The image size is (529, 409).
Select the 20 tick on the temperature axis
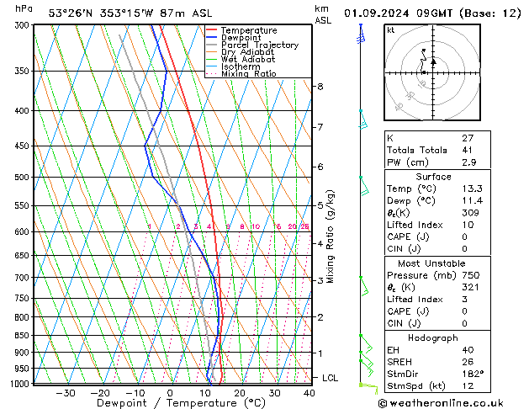click(x=240, y=392)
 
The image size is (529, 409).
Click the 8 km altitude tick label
click(x=320, y=87)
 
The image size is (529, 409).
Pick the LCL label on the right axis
click(x=330, y=379)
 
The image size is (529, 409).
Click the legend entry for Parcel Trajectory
click(x=259, y=45)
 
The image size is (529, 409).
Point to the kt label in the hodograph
click(x=391, y=30)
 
